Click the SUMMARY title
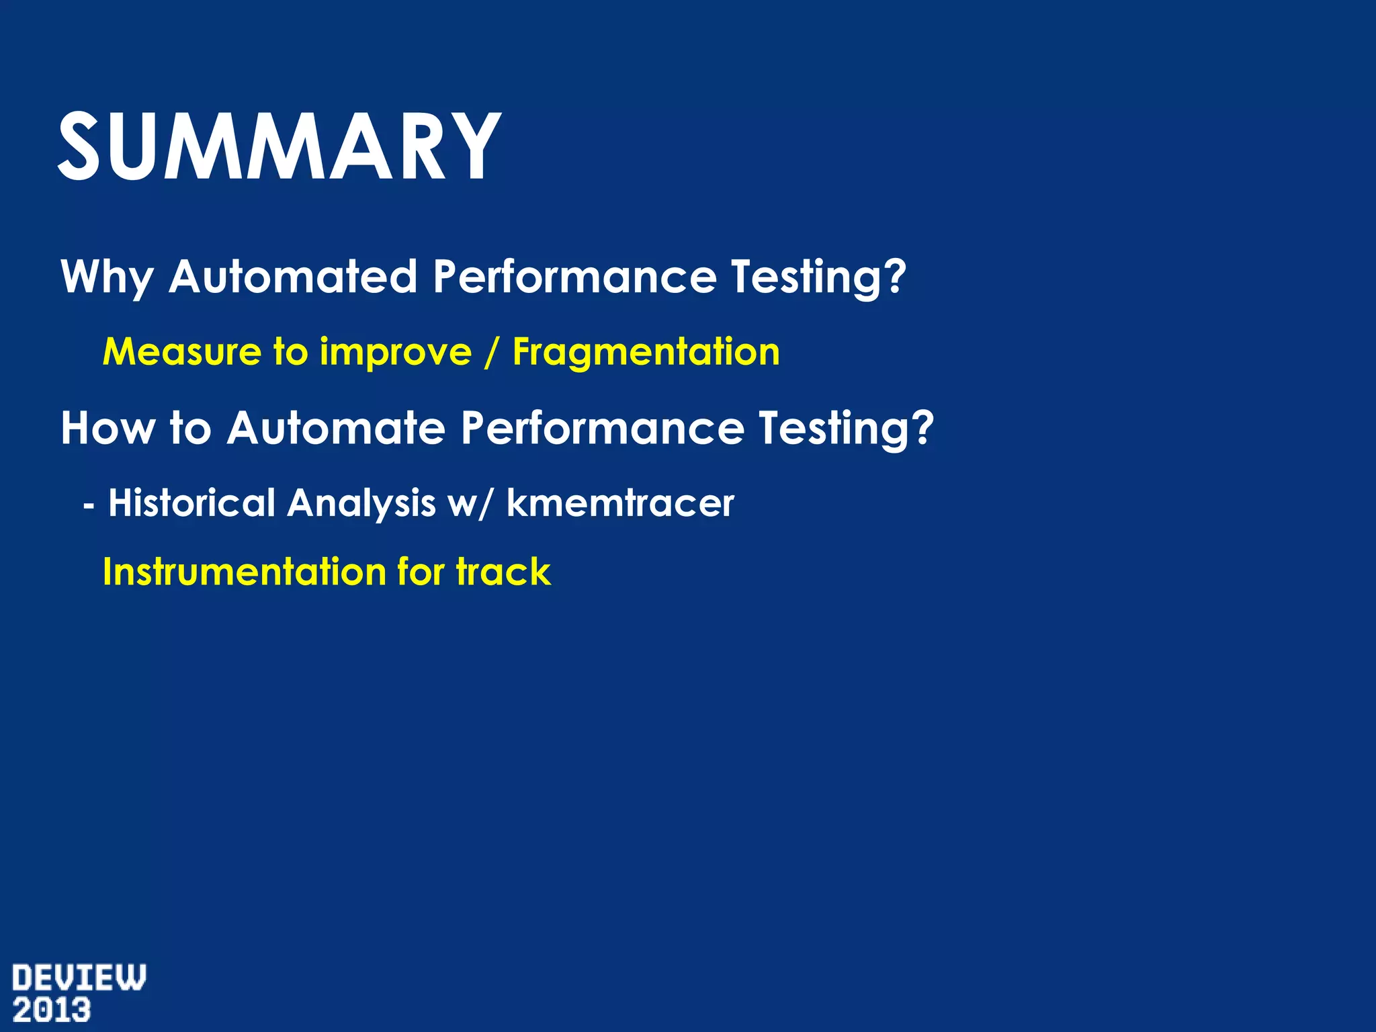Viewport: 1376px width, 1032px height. [x=279, y=146]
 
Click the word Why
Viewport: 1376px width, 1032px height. [x=107, y=277]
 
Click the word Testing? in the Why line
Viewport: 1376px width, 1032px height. [x=819, y=277]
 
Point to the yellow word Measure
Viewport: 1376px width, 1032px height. [x=181, y=351]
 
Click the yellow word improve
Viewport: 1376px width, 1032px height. [x=396, y=353]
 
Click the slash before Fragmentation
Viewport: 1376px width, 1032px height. [x=492, y=353]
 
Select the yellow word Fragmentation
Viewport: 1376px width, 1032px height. [x=646, y=351]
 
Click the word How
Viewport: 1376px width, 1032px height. [x=107, y=427]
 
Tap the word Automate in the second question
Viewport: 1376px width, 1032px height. [x=336, y=427]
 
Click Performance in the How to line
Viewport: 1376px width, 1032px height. [x=603, y=427]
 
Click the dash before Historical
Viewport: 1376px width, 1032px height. [x=89, y=504]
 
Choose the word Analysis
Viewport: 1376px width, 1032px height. [x=361, y=504]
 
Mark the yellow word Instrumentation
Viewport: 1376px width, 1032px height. [x=245, y=572]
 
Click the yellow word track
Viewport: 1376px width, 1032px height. [x=503, y=572]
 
